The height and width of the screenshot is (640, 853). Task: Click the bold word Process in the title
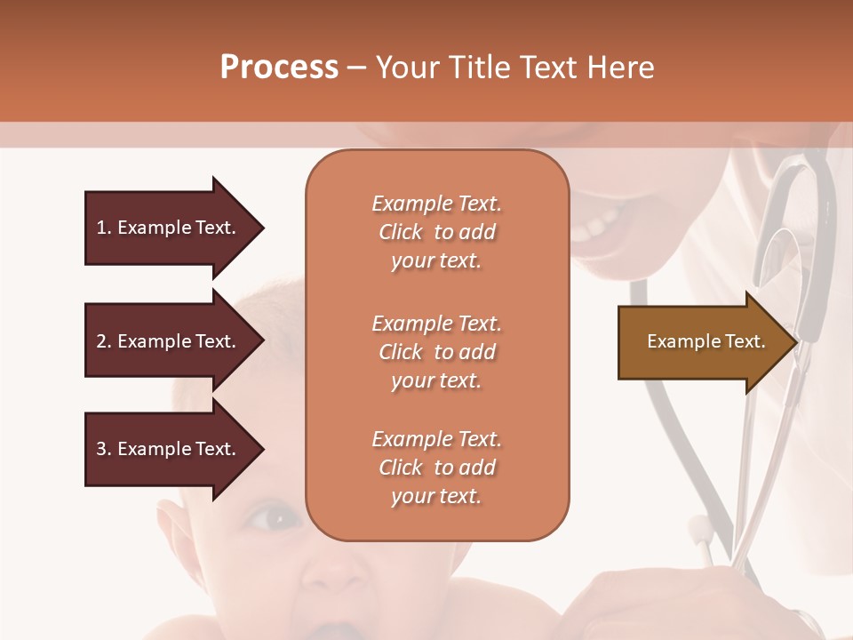tap(279, 68)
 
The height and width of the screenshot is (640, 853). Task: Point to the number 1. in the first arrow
tap(104, 228)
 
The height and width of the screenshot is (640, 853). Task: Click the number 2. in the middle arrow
tap(104, 341)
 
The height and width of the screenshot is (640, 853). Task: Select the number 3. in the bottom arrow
tap(104, 449)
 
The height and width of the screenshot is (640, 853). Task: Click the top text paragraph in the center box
tap(436, 232)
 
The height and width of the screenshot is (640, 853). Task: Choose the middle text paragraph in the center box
tap(436, 352)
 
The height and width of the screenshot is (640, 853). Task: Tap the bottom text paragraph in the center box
tap(436, 468)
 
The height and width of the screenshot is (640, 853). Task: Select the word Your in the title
tap(408, 68)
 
